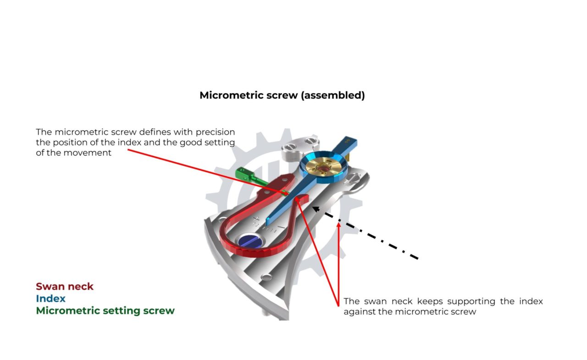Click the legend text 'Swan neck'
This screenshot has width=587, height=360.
(65, 287)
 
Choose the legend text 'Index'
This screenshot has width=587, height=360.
(51, 299)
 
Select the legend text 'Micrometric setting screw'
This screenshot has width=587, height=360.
(105, 310)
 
